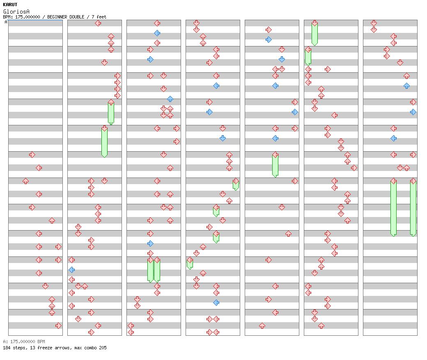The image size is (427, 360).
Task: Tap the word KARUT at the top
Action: [x=10, y=5]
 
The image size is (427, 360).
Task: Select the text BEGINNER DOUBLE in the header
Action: [x=66, y=17]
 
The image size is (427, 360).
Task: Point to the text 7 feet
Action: [x=99, y=17]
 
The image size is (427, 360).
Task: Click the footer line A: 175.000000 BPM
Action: [x=24, y=342]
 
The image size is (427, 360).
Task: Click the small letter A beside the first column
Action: [x=6, y=22]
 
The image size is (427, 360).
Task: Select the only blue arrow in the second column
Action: [x=72, y=270]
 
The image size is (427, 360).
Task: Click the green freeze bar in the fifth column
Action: [x=275, y=165]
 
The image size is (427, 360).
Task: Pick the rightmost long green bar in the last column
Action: [x=413, y=208]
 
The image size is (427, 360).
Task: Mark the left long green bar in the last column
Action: [x=393, y=208]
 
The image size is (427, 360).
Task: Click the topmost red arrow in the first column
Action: [x=32, y=155]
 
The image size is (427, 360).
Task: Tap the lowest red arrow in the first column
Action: [x=58, y=325]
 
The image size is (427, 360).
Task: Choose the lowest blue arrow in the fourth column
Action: [x=216, y=302]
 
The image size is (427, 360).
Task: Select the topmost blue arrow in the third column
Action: [x=157, y=33]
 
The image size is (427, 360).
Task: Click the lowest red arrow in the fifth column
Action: [x=262, y=325]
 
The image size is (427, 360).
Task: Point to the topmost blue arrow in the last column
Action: [x=406, y=85]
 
